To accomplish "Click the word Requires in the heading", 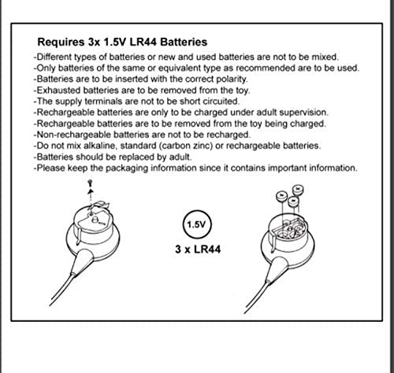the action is point(61,42).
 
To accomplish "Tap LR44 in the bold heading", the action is point(143,42).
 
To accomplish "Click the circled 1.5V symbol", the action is point(197,224).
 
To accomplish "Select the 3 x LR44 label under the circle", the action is point(198,249).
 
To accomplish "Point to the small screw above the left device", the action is point(91,183).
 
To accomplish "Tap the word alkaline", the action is point(100,146).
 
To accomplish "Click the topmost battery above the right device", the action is point(298,190).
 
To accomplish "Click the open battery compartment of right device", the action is point(290,230).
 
